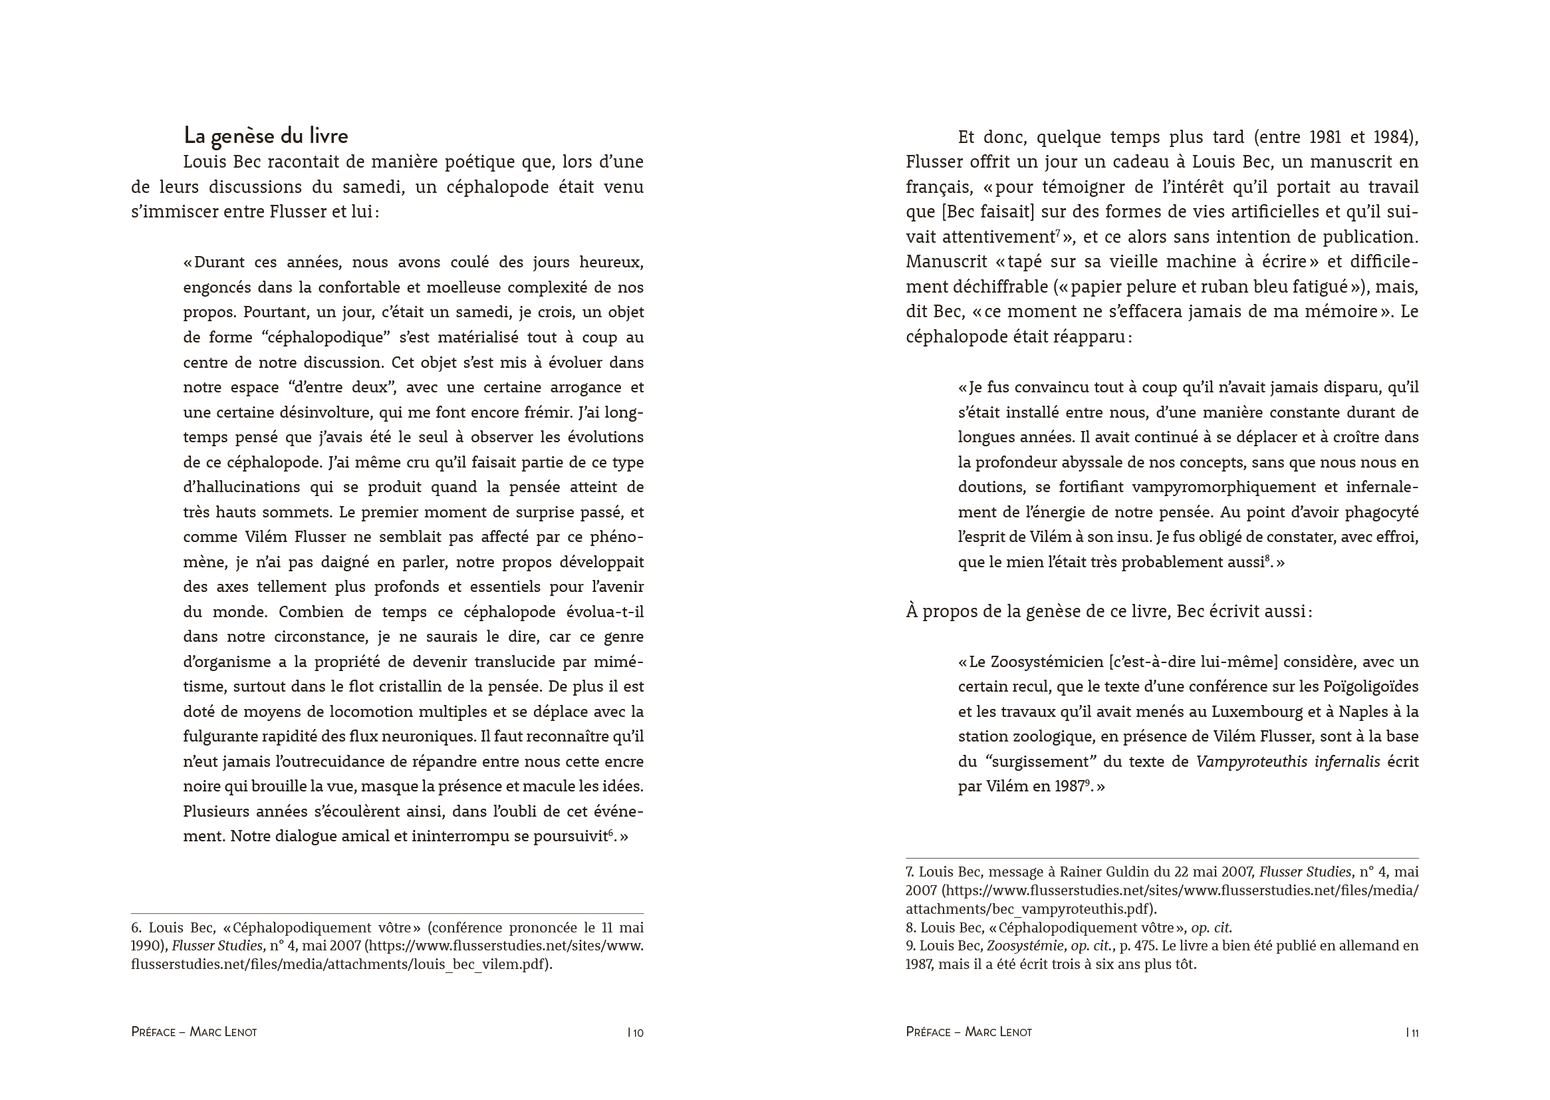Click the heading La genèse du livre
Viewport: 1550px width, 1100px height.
(265, 136)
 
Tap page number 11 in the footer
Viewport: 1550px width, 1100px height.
(1414, 1032)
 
